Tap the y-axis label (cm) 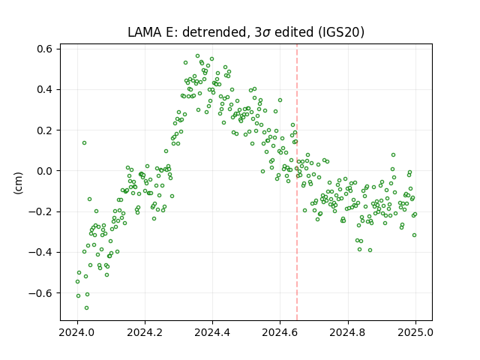click(x=18, y=183)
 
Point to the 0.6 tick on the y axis click(x=45, y=49)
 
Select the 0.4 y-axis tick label click(x=45, y=90)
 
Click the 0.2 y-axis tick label click(x=45, y=130)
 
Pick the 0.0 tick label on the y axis click(x=45, y=171)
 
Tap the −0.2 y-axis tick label click(x=40, y=211)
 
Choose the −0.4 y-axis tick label click(x=40, y=252)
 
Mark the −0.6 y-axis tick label click(x=40, y=293)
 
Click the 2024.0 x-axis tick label click(x=77, y=332)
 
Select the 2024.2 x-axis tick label click(x=145, y=332)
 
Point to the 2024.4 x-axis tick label click(x=212, y=332)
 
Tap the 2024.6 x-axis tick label click(x=280, y=332)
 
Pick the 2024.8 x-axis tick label click(x=348, y=332)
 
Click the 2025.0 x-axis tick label click(x=415, y=332)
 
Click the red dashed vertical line click(x=297, y=182)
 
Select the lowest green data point click(x=87, y=307)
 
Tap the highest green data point click(x=198, y=56)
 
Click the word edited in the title click(x=294, y=32)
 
